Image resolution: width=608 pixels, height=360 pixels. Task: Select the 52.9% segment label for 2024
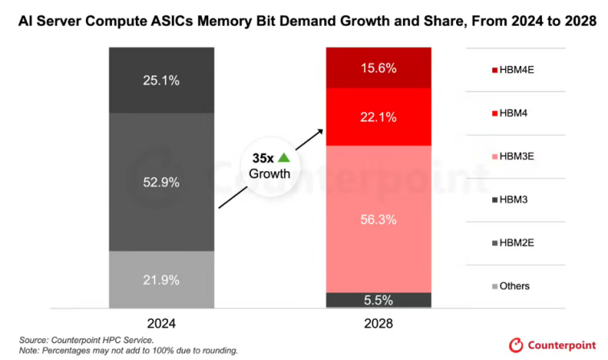(x=162, y=182)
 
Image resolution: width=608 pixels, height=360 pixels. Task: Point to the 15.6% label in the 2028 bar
(x=378, y=68)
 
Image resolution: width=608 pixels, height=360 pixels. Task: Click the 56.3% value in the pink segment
(x=378, y=218)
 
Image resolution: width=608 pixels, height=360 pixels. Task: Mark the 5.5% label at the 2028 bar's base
(x=378, y=300)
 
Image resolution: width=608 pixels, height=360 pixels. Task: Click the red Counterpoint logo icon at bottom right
(x=516, y=345)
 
